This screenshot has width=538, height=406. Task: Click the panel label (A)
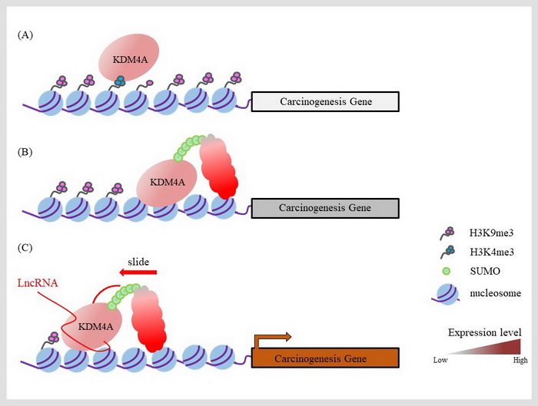click(x=26, y=35)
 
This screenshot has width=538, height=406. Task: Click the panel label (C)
click(x=26, y=248)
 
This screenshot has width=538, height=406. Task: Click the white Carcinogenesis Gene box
click(x=325, y=101)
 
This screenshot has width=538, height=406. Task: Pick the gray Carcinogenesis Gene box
click(x=325, y=208)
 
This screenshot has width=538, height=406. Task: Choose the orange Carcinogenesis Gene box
click(x=325, y=358)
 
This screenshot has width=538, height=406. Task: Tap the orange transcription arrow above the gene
click(x=274, y=337)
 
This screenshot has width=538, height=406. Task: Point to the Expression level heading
click(x=484, y=332)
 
